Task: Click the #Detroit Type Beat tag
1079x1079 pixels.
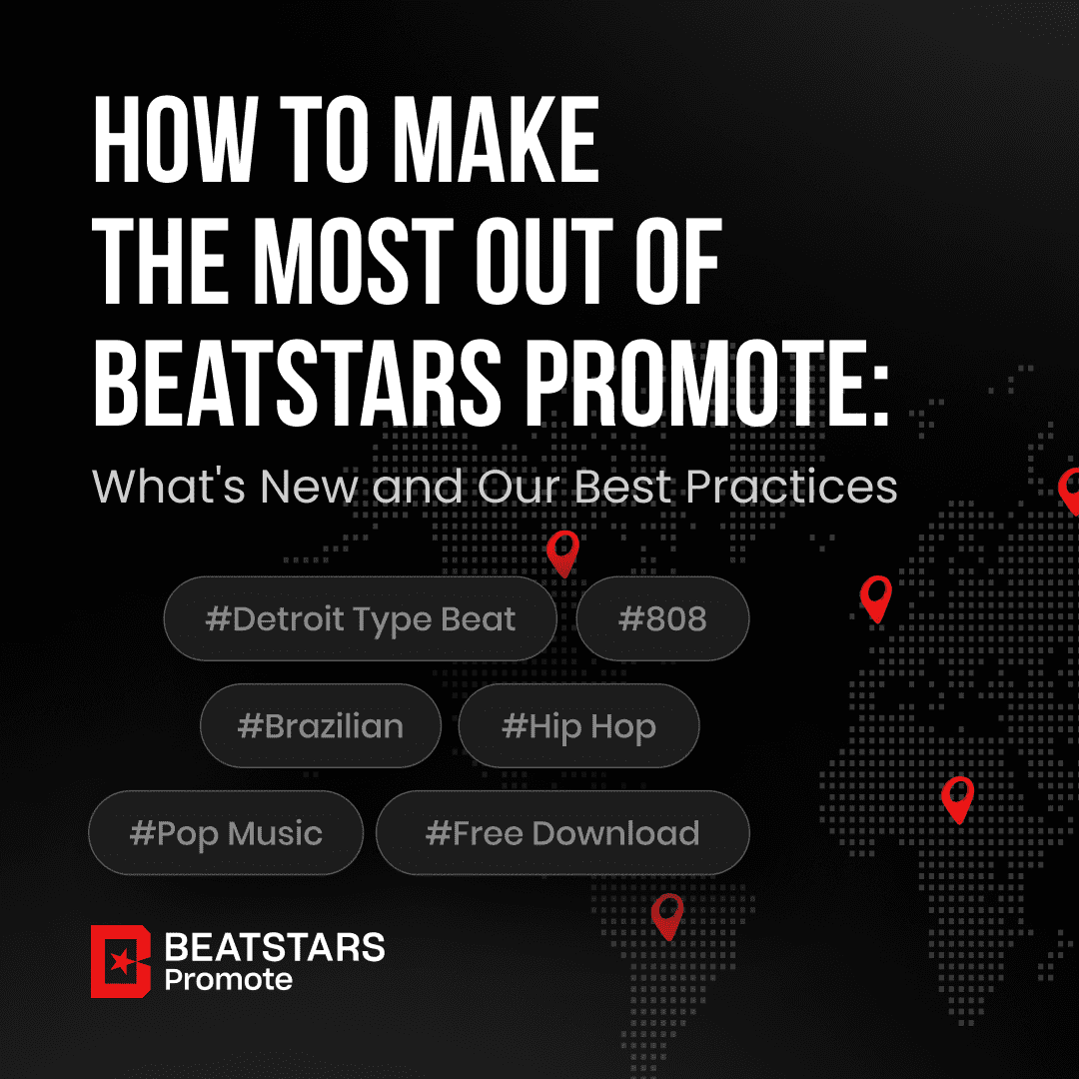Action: pyautogui.click(x=360, y=618)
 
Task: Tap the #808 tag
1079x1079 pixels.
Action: pyautogui.click(x=662, y=618)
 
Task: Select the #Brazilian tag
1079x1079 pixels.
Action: pyautogui.click(x=320, y=725)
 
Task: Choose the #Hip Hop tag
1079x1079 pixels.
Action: pyautogui.click(x=578, y=725)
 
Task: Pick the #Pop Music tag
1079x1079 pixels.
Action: pyautogui.click(x=226, y=832)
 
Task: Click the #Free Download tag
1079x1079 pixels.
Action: pyautogui.click(x=562, y=832)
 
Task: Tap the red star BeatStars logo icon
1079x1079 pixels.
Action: pyautogui.click(x=121, y=961)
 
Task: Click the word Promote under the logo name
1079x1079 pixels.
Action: pyautogui.click(x=229, y=979)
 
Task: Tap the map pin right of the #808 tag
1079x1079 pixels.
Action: pyautogui.click(x=876, y=596)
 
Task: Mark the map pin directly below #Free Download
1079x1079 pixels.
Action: pyautogui.click(x=667, y=914)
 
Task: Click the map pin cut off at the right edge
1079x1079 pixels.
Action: pyautogui.click(x=1070, y=491)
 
